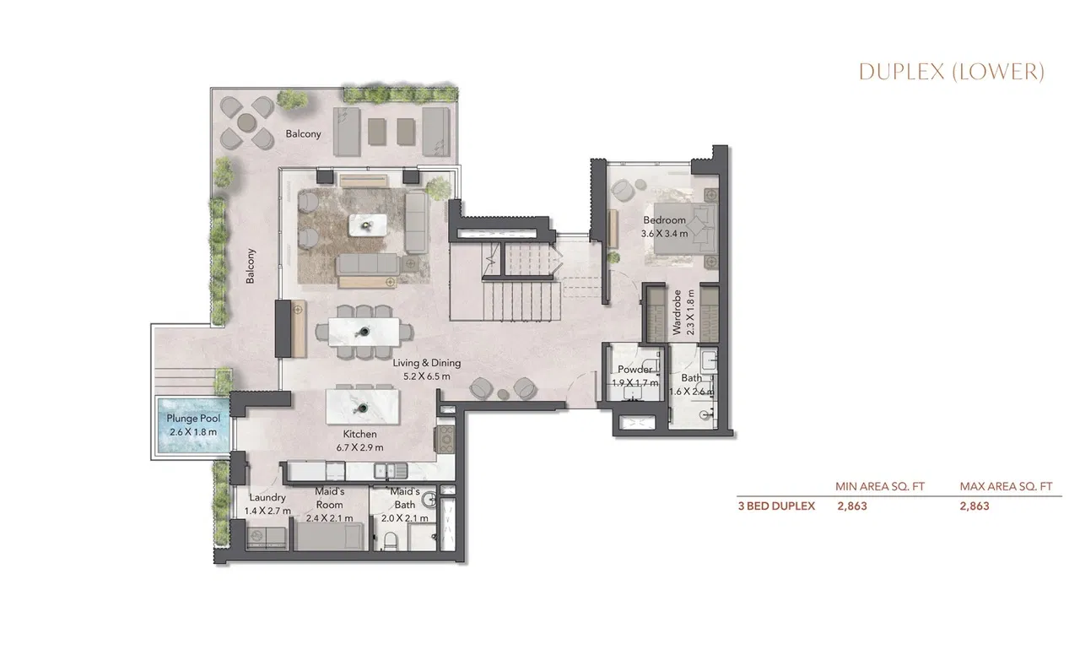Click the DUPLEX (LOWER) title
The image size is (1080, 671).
951,73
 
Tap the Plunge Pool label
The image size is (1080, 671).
193,419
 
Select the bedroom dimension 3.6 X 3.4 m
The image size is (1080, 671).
664,233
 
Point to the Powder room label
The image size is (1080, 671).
634,370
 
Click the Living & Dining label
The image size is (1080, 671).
427,364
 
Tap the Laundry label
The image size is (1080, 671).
267,498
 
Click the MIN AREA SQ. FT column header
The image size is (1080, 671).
880,486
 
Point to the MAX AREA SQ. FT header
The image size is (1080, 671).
1006,486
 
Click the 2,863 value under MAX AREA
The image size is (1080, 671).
975,506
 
